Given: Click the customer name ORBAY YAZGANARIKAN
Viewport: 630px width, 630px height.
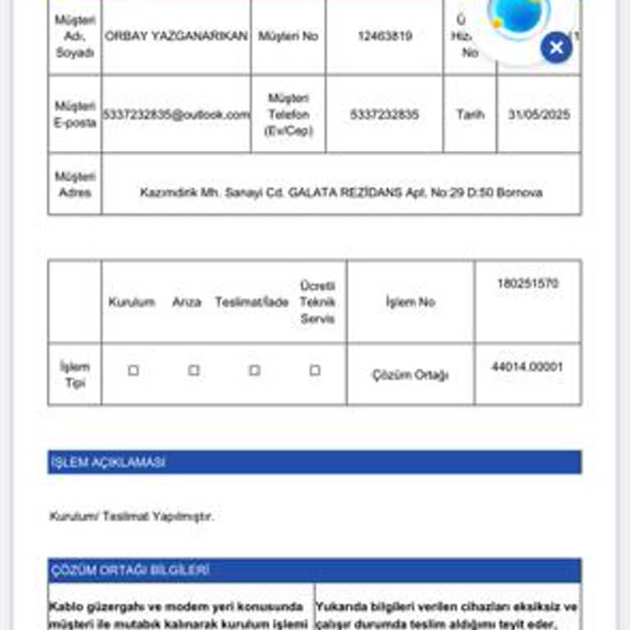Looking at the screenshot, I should tap(176, 36).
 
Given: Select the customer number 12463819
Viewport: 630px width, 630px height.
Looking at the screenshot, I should tap(384, 36).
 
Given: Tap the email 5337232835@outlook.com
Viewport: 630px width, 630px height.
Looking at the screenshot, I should tap(176, 115).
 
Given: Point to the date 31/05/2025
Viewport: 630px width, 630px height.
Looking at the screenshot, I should tap(538, 115).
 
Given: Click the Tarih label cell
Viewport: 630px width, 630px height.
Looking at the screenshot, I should tap(470, 115).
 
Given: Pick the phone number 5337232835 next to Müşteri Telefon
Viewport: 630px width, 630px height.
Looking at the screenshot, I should tap(384, 115).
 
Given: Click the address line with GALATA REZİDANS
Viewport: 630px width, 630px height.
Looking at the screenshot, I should tap(340, 193).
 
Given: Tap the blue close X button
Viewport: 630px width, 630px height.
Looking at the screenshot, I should tap(556, 48).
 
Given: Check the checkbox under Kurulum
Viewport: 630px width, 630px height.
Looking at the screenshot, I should tap(133, 371).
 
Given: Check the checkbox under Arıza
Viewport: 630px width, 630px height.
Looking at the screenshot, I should tap(194, 371).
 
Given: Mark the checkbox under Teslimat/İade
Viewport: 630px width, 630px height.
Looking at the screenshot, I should tap(254, 371).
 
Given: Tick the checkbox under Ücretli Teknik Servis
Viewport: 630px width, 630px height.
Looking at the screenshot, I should tap(315, 371).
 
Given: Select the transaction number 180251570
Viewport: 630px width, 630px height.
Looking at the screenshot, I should tap(527, 284).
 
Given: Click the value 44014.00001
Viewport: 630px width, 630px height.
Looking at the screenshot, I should tap(527, 367).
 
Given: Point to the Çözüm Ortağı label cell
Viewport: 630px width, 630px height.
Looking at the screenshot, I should tap(410, 375).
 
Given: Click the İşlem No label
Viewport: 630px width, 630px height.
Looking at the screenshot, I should tap(410, 302).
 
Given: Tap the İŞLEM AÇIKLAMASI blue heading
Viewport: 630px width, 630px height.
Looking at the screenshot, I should tap(108, 463).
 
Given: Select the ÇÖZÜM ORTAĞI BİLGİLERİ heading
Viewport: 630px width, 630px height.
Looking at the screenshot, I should tap(130, 570).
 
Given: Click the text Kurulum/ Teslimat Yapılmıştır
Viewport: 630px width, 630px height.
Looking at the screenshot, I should tap(131, 517).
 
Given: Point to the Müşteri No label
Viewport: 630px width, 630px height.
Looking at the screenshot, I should tap(288, 36).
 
